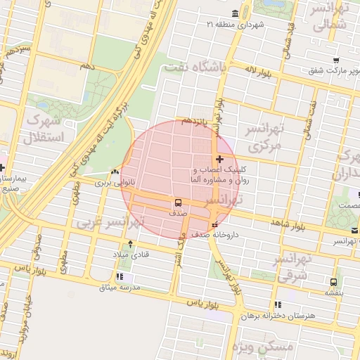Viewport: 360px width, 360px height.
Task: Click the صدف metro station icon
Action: point(174,202)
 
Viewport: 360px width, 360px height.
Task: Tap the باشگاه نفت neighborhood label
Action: point(200,67)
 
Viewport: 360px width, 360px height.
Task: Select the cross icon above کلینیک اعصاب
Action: point(220,160)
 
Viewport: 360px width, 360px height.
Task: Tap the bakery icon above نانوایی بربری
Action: point(115,172)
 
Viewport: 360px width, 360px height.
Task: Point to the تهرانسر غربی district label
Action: point(110,223)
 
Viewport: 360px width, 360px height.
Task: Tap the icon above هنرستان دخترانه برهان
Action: point(278,305)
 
